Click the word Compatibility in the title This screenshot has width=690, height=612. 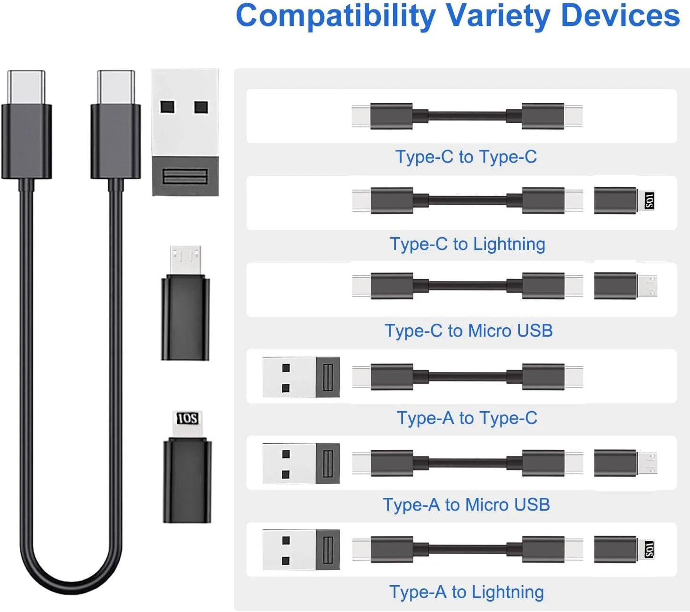(336, 16)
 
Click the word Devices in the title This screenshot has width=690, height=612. (620, 16)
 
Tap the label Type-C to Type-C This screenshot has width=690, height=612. (466, 157)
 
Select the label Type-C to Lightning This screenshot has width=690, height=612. (467, 244)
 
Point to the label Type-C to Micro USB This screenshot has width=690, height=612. (468, 331)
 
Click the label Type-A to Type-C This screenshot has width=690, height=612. (467, 418)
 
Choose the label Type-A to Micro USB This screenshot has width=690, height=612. (466, 504)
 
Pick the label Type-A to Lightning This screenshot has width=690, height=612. (467, 592)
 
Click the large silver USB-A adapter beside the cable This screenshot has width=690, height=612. (185, 132)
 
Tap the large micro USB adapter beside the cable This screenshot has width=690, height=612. (185, 303)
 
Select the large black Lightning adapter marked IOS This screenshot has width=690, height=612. (187, 467)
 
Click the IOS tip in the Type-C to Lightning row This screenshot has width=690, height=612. (649, 201)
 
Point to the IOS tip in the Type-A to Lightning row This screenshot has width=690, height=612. (649, 549)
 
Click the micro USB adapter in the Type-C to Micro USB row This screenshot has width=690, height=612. (625, 286)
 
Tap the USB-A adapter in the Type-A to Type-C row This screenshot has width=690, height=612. (301, 377)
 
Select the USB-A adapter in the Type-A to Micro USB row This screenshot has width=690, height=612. (301, 463)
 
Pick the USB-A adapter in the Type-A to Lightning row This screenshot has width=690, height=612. (301, 550)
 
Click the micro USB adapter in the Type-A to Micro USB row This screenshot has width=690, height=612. (625, 463)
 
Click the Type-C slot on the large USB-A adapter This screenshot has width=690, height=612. (185, 176)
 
